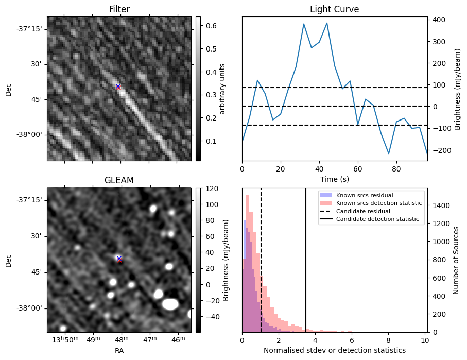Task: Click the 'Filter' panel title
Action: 119,9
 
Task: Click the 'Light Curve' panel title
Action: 334,9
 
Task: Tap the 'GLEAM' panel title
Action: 119,180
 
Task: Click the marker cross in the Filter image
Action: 118,87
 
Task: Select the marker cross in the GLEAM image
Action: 119,259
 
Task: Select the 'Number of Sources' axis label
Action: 456,260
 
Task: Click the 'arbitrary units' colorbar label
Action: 222,89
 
